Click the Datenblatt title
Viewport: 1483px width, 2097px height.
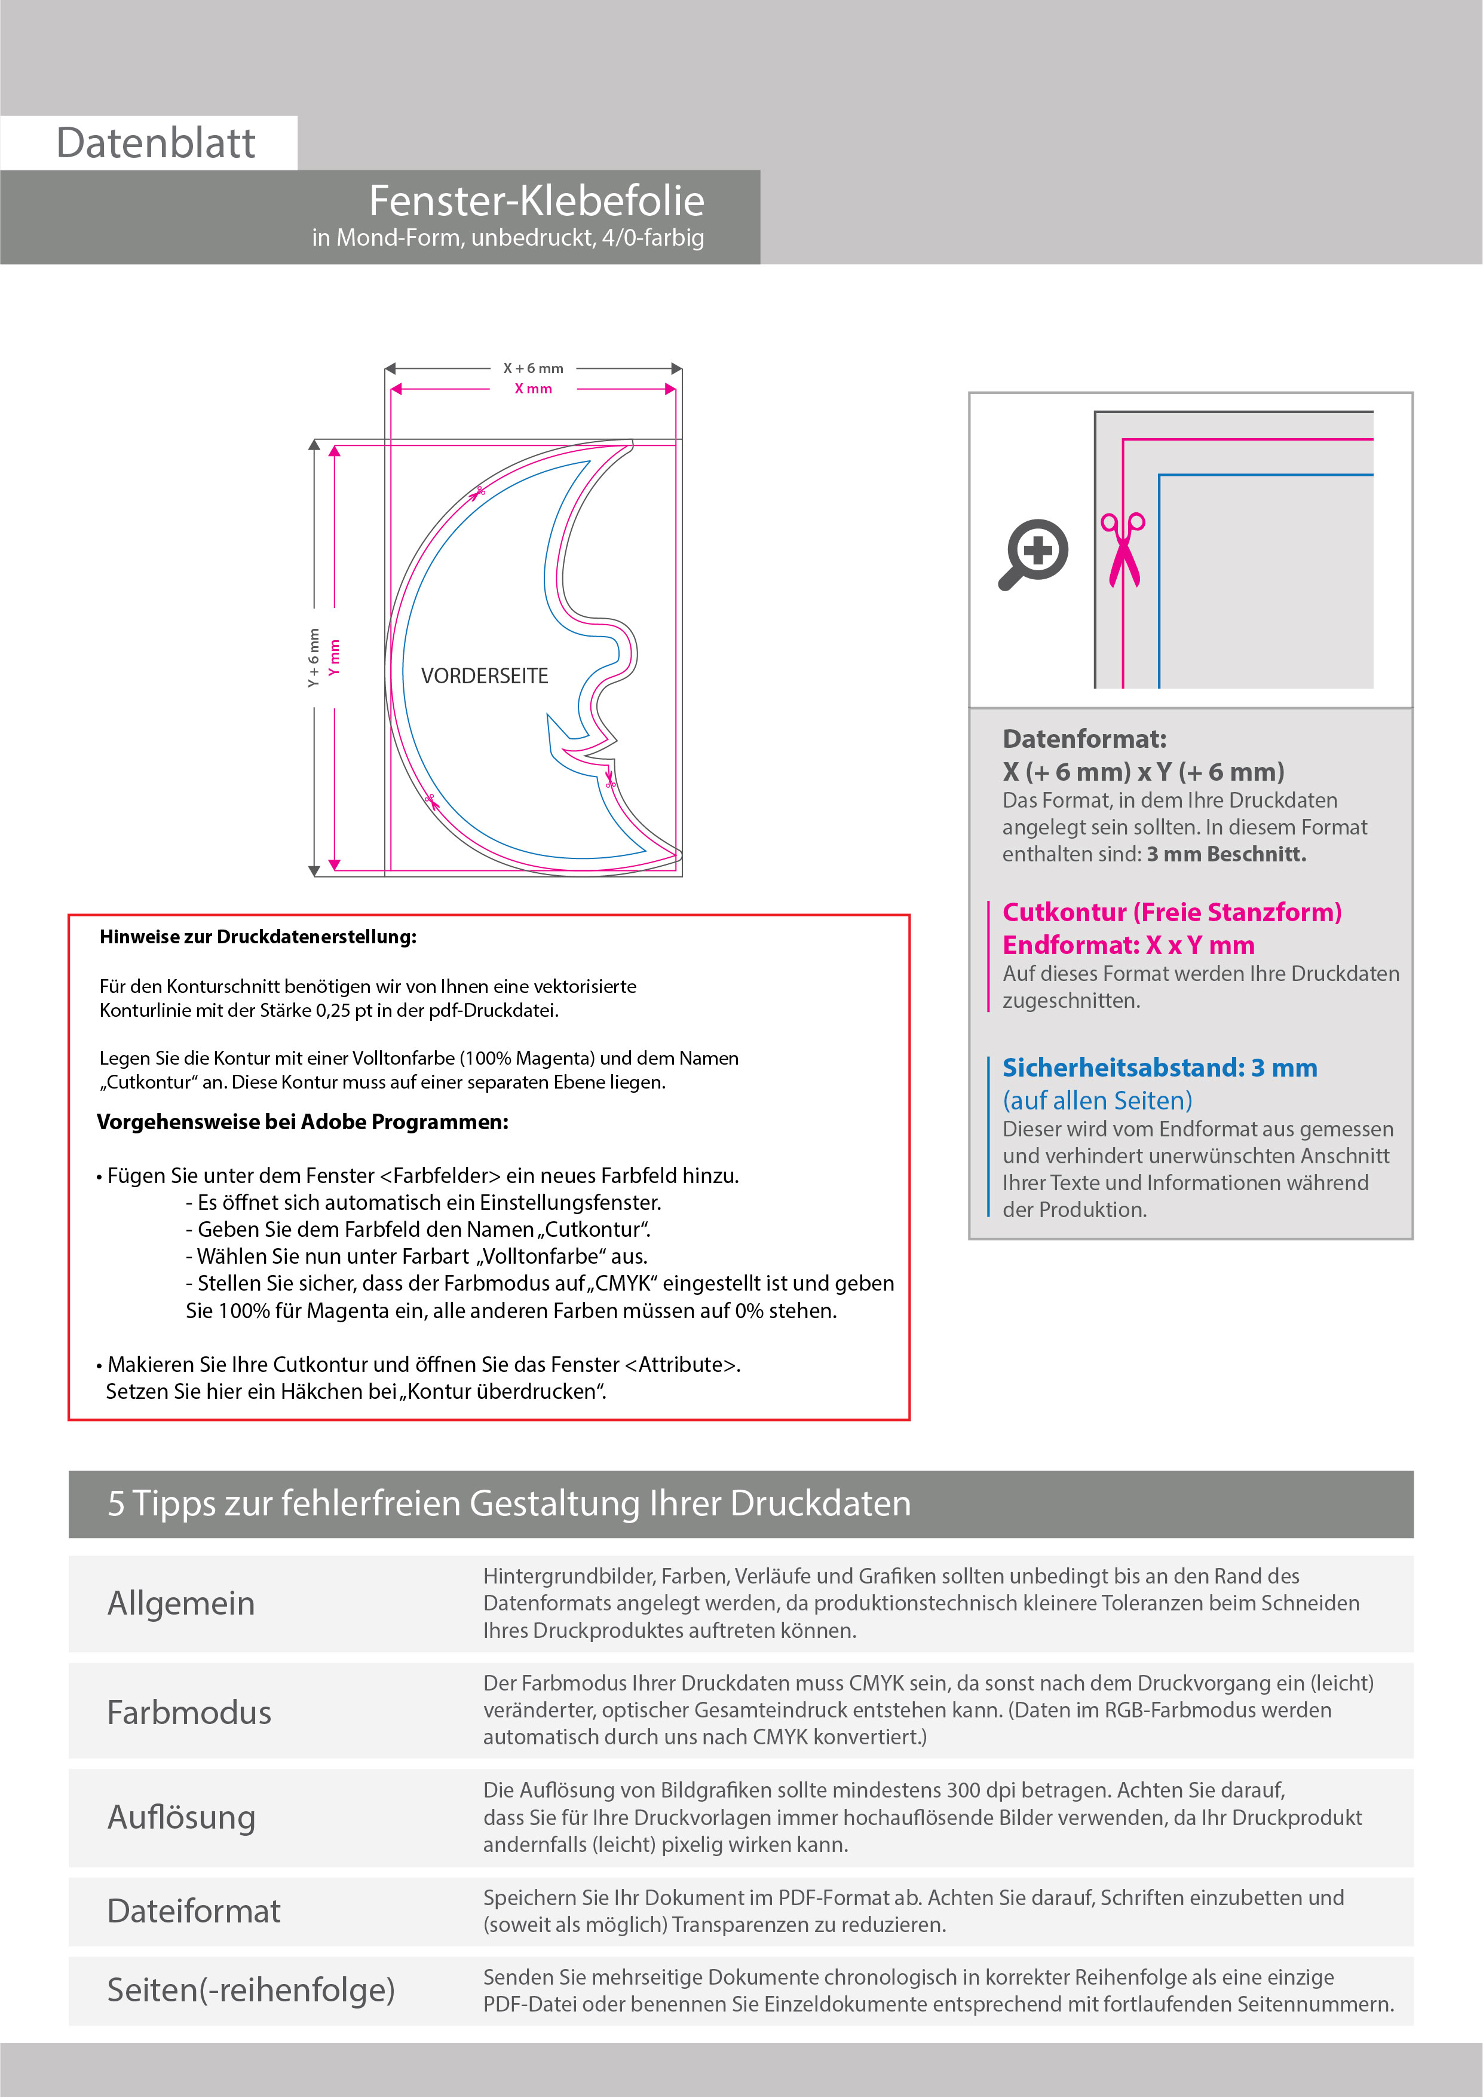click(155, 143)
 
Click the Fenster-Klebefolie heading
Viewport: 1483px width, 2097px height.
click(536, 201)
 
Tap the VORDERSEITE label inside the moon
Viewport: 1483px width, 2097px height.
click(484, 676)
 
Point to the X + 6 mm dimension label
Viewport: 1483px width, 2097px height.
click(534, 368)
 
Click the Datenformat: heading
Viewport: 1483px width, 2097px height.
click(1084, 739)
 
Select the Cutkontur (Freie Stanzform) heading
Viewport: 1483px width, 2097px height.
click(1172, 912)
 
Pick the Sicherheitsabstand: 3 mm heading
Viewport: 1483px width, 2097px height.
click(1160, 1068)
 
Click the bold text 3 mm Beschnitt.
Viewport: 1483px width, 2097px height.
click(1227, 854)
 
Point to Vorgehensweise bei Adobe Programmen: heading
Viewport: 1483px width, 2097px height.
click(302, 1123)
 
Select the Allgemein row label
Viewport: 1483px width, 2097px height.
click(181, 1604)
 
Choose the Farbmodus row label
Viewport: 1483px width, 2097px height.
click(189, 1713)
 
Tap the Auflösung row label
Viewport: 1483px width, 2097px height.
click(181, 1817)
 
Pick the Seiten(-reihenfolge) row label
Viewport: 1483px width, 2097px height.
click(251, 1990)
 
